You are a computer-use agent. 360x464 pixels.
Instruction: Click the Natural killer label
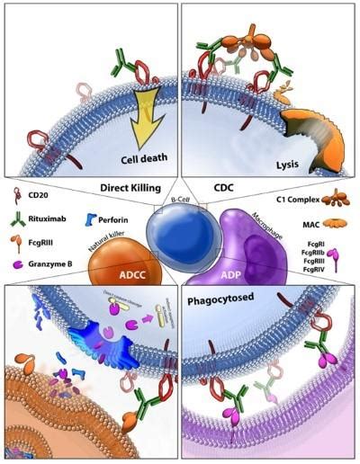106,238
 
